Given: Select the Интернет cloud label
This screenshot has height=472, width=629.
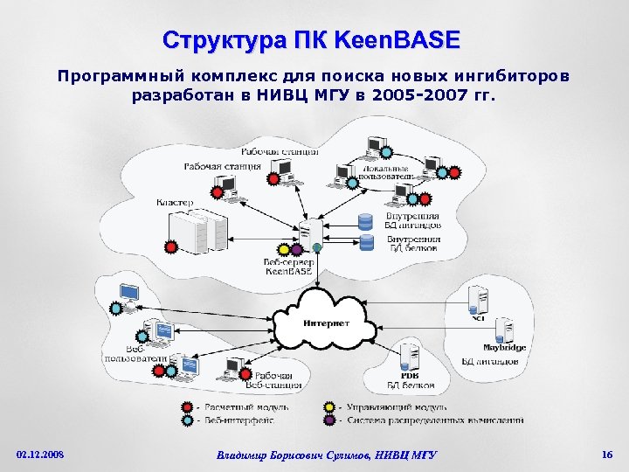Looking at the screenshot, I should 327,323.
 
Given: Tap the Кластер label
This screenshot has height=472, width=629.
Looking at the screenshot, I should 175,203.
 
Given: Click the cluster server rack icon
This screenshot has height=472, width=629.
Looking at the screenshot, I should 195,232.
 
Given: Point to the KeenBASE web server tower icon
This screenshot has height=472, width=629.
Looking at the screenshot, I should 307,236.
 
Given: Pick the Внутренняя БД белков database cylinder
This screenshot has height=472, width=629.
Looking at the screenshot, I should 367,239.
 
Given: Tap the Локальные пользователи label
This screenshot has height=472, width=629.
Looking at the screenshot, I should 384,173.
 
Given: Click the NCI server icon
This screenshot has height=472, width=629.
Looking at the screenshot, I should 478,300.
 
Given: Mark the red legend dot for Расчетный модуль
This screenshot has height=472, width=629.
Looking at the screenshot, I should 187,407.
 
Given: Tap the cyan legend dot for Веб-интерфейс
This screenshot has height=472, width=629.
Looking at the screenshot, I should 187,420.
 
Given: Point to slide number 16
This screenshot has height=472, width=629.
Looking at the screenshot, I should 607,455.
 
